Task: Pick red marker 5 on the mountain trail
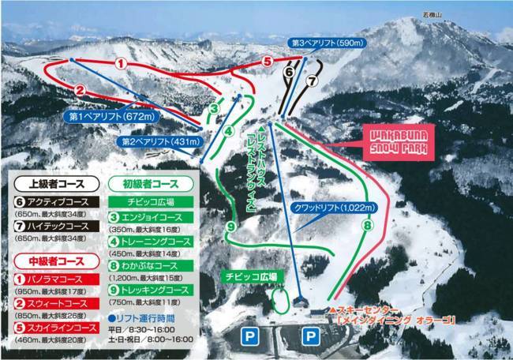point(268,60)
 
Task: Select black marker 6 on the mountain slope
point(290,71)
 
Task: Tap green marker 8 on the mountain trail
point(367,225)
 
